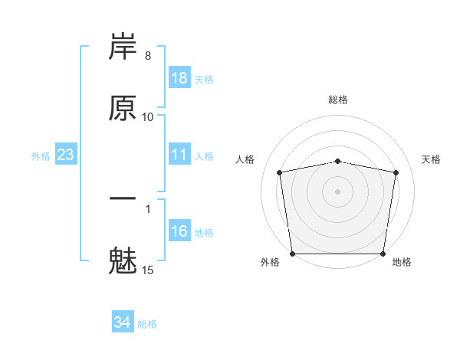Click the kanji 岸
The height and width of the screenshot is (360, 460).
123,48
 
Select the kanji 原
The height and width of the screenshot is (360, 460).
123,108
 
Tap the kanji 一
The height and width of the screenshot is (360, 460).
123,198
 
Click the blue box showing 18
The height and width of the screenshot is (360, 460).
179,78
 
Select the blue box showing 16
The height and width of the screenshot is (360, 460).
179,231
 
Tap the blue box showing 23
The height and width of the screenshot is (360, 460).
66,155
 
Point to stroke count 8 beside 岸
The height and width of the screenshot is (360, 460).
148,57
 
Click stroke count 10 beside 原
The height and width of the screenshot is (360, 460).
148,116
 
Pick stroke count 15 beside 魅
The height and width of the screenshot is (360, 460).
148,270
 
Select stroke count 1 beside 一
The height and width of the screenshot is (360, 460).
148,208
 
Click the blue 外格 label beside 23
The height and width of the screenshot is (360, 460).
41,155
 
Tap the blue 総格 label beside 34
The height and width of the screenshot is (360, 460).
147,324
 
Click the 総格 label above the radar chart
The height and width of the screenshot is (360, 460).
338,100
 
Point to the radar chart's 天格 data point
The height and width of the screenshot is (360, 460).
396,172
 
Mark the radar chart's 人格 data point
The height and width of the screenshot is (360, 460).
280,172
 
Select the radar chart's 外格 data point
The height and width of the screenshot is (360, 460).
293,254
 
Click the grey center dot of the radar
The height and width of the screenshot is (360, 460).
338,191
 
